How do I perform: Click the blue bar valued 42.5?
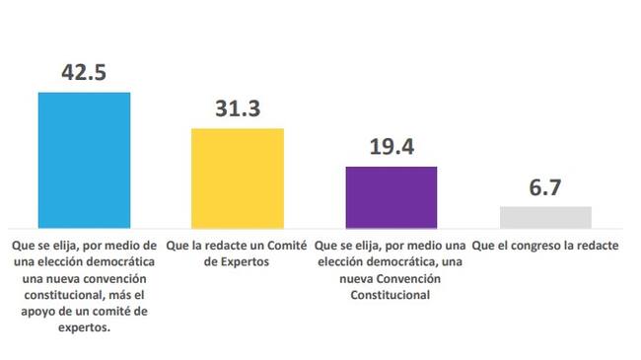pyautogui.click(x=84, y=161)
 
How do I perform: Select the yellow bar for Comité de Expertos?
pyautogui.click(x=238, y=179)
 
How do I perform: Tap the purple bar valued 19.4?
pyautogui.click(x=392, y=197)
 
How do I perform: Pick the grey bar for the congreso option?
pyautogui.click(x=545, y=218)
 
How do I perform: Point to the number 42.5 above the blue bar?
pyautogui.click(x=84, y=72)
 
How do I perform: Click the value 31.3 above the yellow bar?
pyautogui.click(x=238, y=108)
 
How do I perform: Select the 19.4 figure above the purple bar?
pyautogui.click(x=392, y=146)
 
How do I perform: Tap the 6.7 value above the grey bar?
pyautogui.click(x=545, y=187)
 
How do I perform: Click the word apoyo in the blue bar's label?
pyautogui.click(x=36, y=312)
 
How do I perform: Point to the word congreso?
pyautogui.click(x=534, y=247)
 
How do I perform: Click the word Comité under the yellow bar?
pyautogui.click(x=287, y=246)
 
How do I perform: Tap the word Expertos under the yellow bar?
pyautogui.click(x=245, y=261)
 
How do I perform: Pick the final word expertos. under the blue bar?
pyautogui.click(x=84, y=328)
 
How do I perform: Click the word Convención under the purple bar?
pyautogui.click(x=408, y=278)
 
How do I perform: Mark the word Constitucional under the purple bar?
pyautogui.click(x=390, y=295)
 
